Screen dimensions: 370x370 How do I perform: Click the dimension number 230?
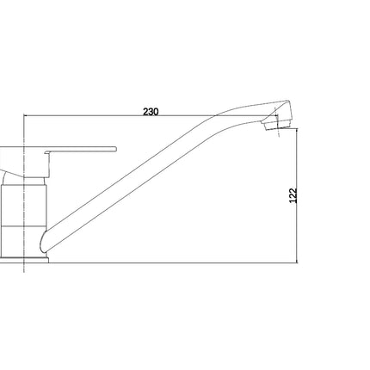click(x=151, y=112)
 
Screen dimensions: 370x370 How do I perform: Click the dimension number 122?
click(x=293, y=195)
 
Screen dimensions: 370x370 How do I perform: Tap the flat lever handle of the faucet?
click(x=81, y=149)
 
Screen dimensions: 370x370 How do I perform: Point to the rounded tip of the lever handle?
click(x=116, y=149)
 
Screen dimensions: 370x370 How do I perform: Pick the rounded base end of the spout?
click(x=43, y=242)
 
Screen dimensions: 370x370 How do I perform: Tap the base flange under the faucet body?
click(x=24, y=260)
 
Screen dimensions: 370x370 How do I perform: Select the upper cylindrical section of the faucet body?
click(x=23, y=206)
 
